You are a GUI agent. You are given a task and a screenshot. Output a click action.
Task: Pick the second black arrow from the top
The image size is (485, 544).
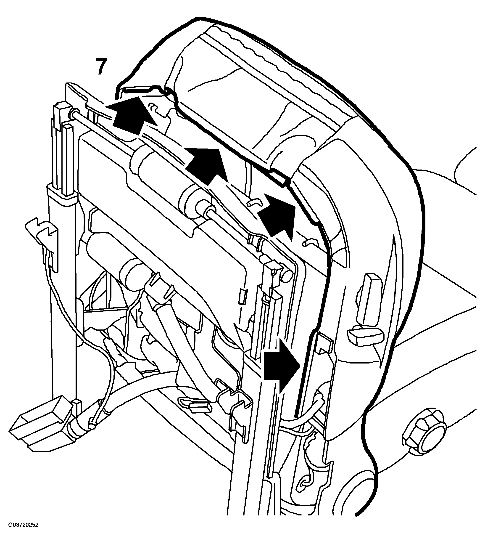(x=207, y=166)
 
